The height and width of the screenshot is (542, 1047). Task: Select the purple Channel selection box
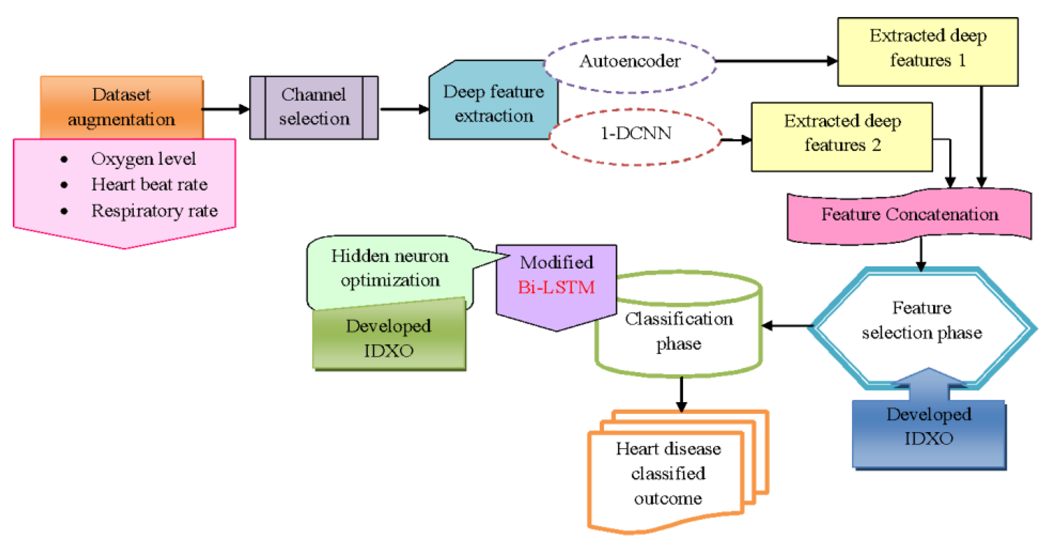pyautogui.click(x=314, y=107)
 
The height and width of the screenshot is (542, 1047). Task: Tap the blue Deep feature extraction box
pyautogui.click(x=493, y=104)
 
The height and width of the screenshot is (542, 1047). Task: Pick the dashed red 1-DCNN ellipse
pyautogui.click(x=635, y=134)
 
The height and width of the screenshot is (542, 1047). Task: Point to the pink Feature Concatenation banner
pyautogui.click(x=909, y=215)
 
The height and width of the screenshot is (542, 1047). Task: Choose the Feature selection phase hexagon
pyautogui.click(x=921, y=321)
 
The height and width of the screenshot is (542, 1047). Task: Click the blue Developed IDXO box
pyautogui.click(x=929, y=430)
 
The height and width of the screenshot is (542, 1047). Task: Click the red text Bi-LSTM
pyautogui.click(x=556, y=288)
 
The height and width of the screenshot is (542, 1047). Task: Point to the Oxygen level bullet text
pyautogui.click(x=143, y=159)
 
